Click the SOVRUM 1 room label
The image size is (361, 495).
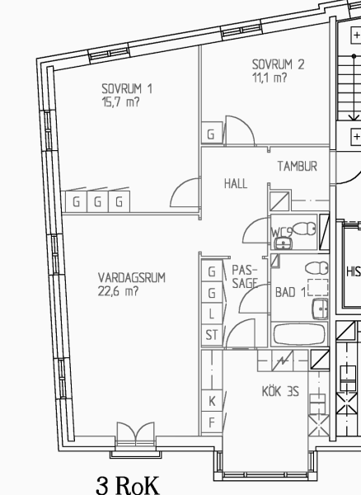tap(127, 88)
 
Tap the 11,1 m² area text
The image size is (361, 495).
tap(270, 78)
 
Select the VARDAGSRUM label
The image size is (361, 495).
tap(132, 278)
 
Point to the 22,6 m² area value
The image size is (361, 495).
tap(118, 291)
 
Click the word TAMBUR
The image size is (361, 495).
tap(298, 166)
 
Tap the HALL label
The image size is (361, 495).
tap(236, 183)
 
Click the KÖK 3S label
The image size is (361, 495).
tap(280, 391)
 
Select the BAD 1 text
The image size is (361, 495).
tap(290, 292)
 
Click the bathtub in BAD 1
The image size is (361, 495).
tap(299, 334)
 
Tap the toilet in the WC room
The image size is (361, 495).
tap(305, 229)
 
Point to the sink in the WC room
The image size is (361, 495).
tap(284, 243)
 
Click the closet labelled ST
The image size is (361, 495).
tap(212, 335)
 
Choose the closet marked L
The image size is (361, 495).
tap(212, 314)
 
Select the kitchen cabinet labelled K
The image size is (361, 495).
tap(212, 401)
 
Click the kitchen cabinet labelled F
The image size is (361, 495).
tap(212, 422)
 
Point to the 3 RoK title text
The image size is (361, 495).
tap(128, 486)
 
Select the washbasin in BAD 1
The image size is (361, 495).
tap(320, 309)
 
